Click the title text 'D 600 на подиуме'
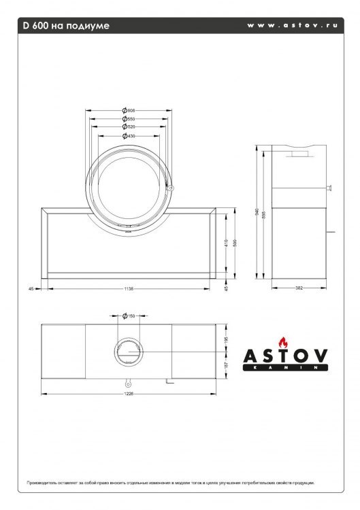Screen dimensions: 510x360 coord(65,26)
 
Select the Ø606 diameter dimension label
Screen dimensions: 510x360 coord(129,110)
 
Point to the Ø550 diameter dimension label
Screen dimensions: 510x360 coord(129,118)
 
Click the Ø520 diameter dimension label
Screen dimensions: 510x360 coord(129,126)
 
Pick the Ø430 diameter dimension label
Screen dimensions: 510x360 coord(129,135)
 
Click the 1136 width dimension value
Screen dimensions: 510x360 coord(129,289)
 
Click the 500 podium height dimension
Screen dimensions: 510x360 coord(234,243)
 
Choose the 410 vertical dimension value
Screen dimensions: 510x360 coord(227,242)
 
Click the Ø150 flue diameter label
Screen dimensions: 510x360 coord(129,316)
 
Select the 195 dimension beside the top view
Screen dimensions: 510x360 coord(227,338)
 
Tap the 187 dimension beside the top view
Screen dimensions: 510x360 coord(227,366)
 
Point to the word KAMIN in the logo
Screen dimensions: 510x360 coord(287,367)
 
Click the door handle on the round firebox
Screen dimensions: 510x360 coord(171,185)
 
